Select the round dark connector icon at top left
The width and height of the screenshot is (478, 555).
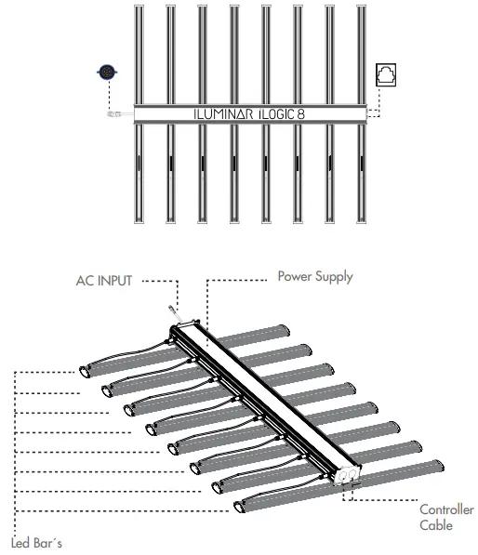pyautogui.click(x=107, y=73)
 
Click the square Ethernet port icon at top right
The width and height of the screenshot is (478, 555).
pyautogui.click(x=386, y=74)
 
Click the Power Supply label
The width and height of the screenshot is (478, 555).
pyautogui.click(x=315, y=276)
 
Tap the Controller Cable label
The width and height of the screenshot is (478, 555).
pyautogui.click(x=446, y=517)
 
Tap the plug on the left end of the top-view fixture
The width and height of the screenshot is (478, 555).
pyautogui.click(x=116, y=114)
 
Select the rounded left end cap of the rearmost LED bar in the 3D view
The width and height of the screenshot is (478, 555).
pyautogui.click(x=84, y=369)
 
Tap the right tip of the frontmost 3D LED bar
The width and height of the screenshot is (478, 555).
pyautogui.click(x=441, y=464)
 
